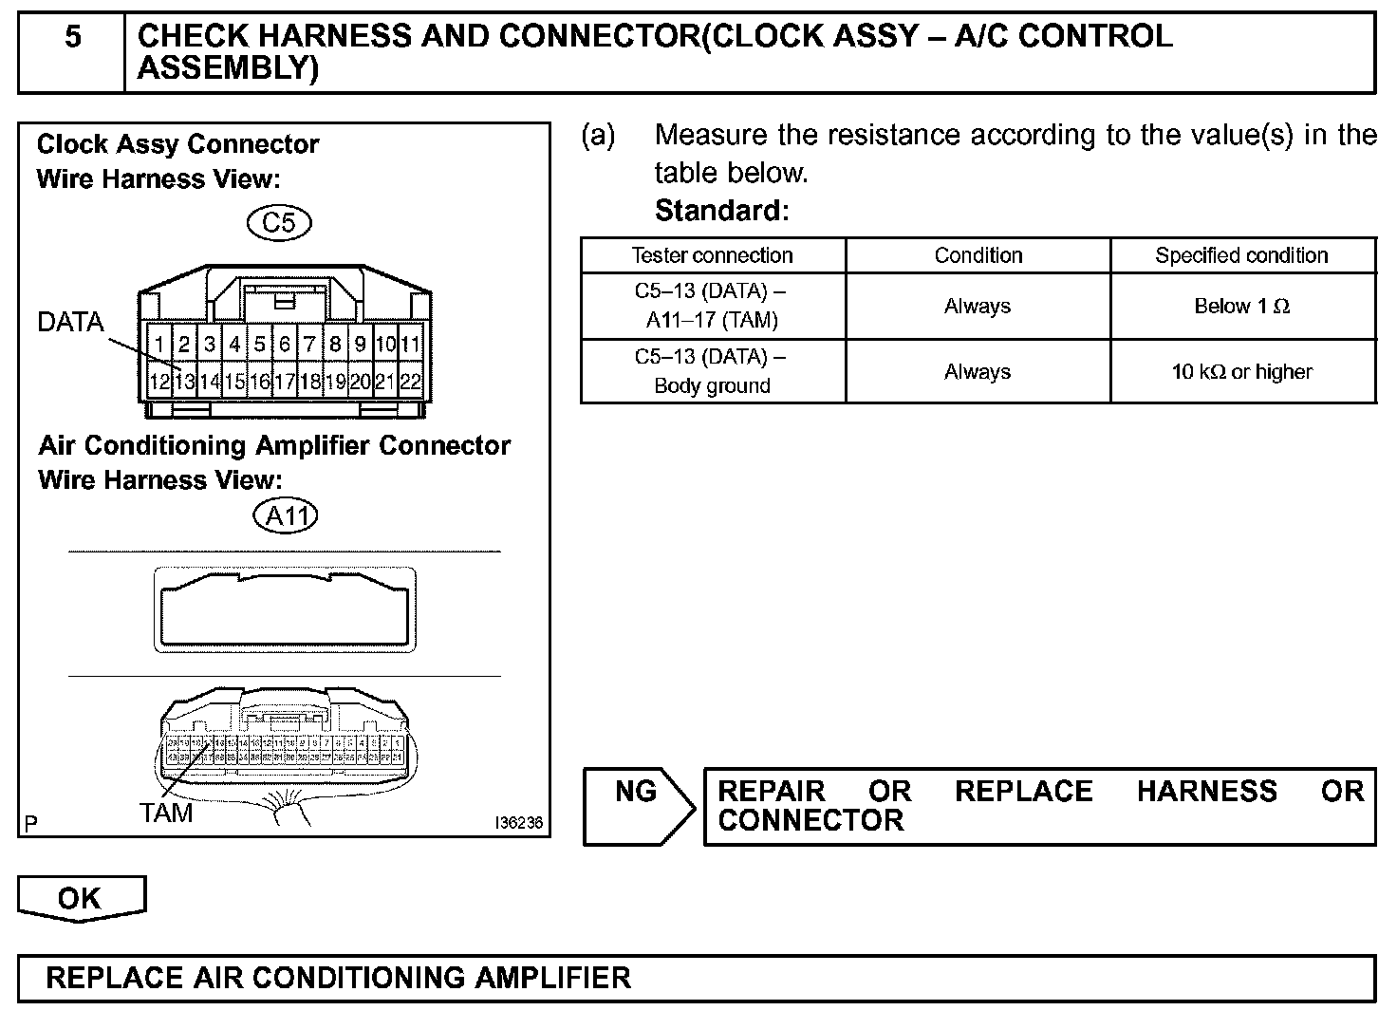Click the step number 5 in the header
click(72, 38)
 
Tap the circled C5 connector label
click(279, 222)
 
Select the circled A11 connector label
click(286, 515)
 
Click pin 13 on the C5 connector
click(184, 383)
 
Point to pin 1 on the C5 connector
click(159, 345)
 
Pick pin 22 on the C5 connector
click(410, 383)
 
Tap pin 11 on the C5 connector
click(410, 345)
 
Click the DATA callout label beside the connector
click(70, 323)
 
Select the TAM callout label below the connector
click(166, 814)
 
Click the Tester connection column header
click(712, 255)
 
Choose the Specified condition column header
click(1241, 255)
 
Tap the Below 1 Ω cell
click(1241, 307)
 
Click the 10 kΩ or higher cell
click(1241, 372)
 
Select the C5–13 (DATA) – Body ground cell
click(712, 371)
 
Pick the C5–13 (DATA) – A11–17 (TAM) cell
click(712, 306)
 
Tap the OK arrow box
click(81, 898)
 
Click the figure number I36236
click(518, 823)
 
